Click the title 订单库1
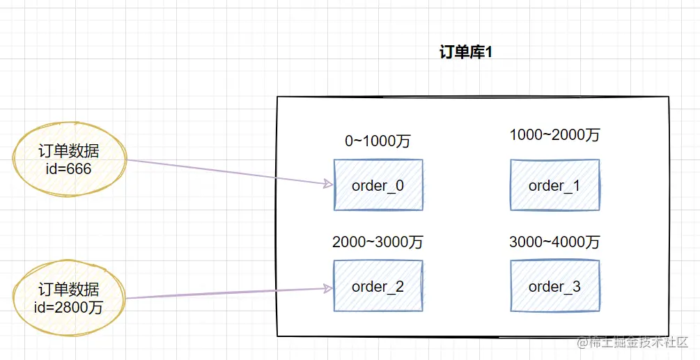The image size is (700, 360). point(466,53)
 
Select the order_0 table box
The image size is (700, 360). point(378,185)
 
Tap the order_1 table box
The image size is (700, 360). point(554,185)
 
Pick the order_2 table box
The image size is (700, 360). point(378,286)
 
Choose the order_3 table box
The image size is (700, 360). point(554,286)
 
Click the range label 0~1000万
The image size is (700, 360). point(378,141)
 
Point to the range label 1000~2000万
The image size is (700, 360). point(554,135)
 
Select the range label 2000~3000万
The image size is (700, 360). point(378,242)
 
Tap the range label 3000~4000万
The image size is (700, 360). point(554,242)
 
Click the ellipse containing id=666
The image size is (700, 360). point(69,160)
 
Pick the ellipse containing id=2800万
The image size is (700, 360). point(69,298)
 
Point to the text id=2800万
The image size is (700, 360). point(69,306)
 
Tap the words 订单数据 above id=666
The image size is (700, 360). point(69,152)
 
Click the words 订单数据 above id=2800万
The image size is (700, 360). point(69,290)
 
